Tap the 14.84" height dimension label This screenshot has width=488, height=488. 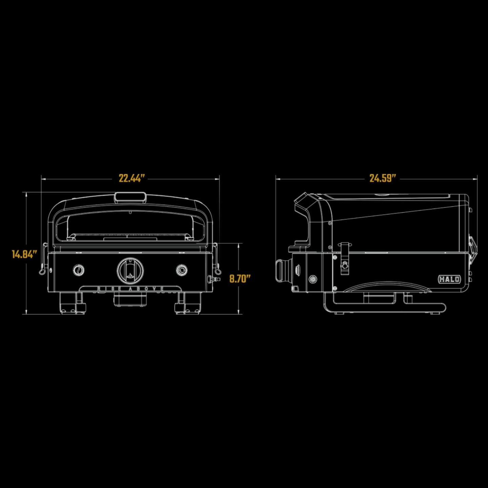pyautogui.click(x=24, y=254)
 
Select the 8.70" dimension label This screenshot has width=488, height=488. pyautogui.click(x=240, y=279)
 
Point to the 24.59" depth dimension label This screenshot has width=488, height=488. pyautogui.click(x=382, y=178)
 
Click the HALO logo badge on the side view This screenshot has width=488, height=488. pyautogui.click(x=449, y=279)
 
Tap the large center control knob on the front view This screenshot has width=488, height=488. pyautogui.click(x=130, y=270)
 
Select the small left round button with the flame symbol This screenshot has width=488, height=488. pyautogui.click(x=79, y=270)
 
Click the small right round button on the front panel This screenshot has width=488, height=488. pyautogui.click(x=182, y=270)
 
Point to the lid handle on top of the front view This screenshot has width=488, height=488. pyautogui.click(x=130, y=197)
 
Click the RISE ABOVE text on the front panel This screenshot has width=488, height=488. pyautogui.click(x=130, y=289)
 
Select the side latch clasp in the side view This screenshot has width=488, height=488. pyautogui.click(x=344, y=258)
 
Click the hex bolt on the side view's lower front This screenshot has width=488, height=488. pyautogui.click(x=313, y=279)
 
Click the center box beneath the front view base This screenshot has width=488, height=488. pyautogui.click(x=130, y=299)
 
